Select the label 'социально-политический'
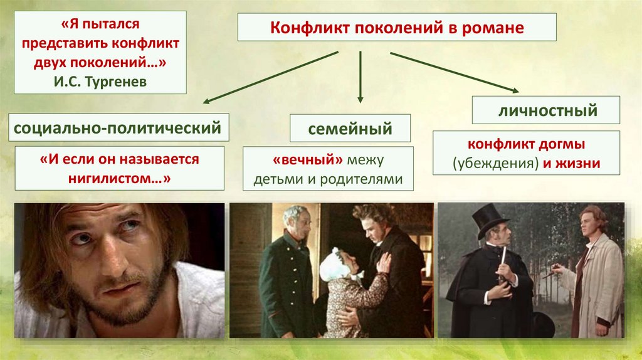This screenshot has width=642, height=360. click(x=117, y=129)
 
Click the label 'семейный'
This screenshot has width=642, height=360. click(x=350, y=129)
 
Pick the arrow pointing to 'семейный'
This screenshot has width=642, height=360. click(x=360, y=78)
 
